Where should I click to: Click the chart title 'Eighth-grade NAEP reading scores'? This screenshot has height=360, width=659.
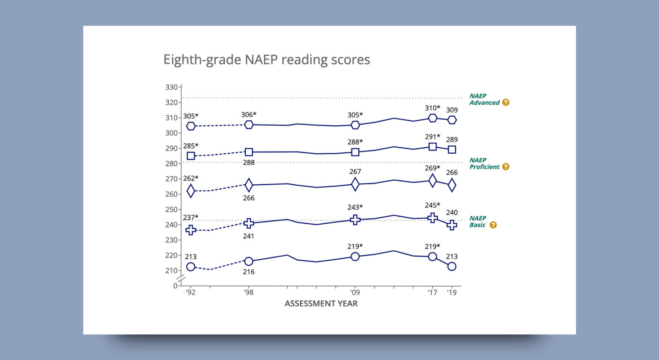tap(266, 60)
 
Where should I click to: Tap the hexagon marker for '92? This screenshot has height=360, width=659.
tap(191, 126)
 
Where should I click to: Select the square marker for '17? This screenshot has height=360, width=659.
tap(432, 147)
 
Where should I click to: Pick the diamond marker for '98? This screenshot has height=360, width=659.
tap(249, 185)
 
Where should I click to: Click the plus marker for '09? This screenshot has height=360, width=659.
tap(355, 220)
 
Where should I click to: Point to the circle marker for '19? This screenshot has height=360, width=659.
tap(452, 266)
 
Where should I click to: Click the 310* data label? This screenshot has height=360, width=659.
tap(432, 108)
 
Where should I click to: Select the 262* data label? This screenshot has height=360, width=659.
tap(191, 178)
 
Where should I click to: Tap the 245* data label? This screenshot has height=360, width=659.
tap(432, 205)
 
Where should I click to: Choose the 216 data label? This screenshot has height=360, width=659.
tap(248, 272)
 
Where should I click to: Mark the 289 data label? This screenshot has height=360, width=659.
tap(452, 140)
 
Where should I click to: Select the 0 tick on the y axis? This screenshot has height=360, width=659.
tap(175, 286)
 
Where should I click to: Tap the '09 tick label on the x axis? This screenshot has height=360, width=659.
tap(355, 292)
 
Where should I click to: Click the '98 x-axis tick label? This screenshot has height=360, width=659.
tap(248, 292)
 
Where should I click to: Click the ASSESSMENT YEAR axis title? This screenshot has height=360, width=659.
tap(321, 303)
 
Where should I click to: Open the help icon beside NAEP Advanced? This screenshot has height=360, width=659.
tap(506, 102)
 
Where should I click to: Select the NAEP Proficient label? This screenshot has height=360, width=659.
tap(484, 164)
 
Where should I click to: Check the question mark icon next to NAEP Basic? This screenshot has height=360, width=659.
tap(493, 225)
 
